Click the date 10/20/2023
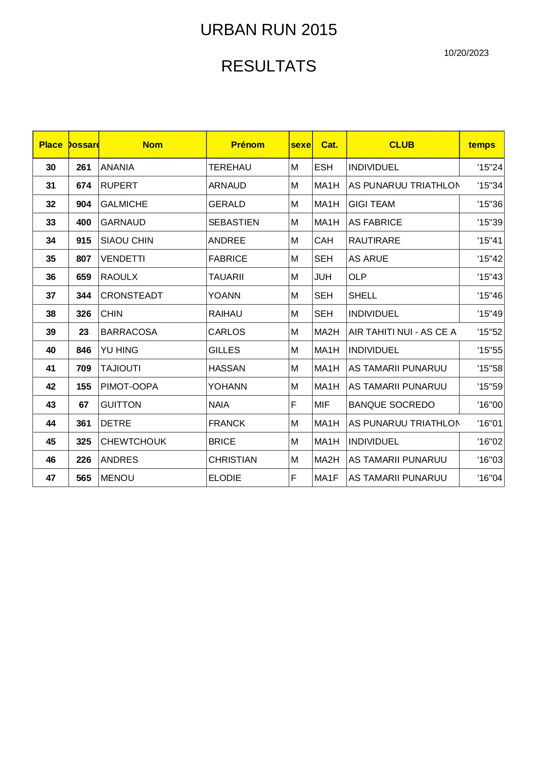[466, 53]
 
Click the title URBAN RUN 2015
[268, 30]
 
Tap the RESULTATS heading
[268, 66]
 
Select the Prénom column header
[248, 145]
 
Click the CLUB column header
[401, 145]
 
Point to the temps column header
[482, 145]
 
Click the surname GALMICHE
[124, 204]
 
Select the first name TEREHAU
[230, 167]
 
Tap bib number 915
[84, 240]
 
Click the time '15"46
[490, 296]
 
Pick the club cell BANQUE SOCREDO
[391, 405]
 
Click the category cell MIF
[322, 405]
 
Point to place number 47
[51, 478]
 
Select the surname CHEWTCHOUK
[134, 442]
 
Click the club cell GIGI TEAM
[372, 204]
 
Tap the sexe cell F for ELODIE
[294, 478]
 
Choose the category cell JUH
[323, 277]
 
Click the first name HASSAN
[227, 368]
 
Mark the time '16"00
[490, 405]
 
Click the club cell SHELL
[362, 296]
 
